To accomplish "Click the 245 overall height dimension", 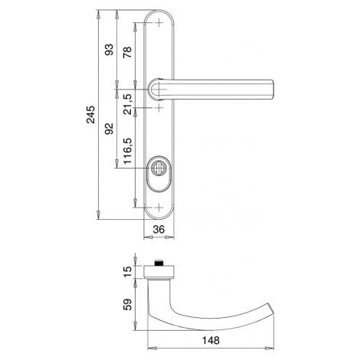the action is coord(90,114).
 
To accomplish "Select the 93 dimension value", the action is coord(109,50).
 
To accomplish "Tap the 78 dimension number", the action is coord(127,52).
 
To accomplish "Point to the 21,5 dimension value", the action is coord(127,104).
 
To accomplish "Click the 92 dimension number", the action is coord(109,129).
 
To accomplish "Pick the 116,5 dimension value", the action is coord(127,151).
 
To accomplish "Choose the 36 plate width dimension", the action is coord(159,230).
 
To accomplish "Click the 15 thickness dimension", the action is coord(127,272).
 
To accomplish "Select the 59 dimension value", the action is coord(127,305).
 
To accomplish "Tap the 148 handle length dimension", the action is coord(211,340).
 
